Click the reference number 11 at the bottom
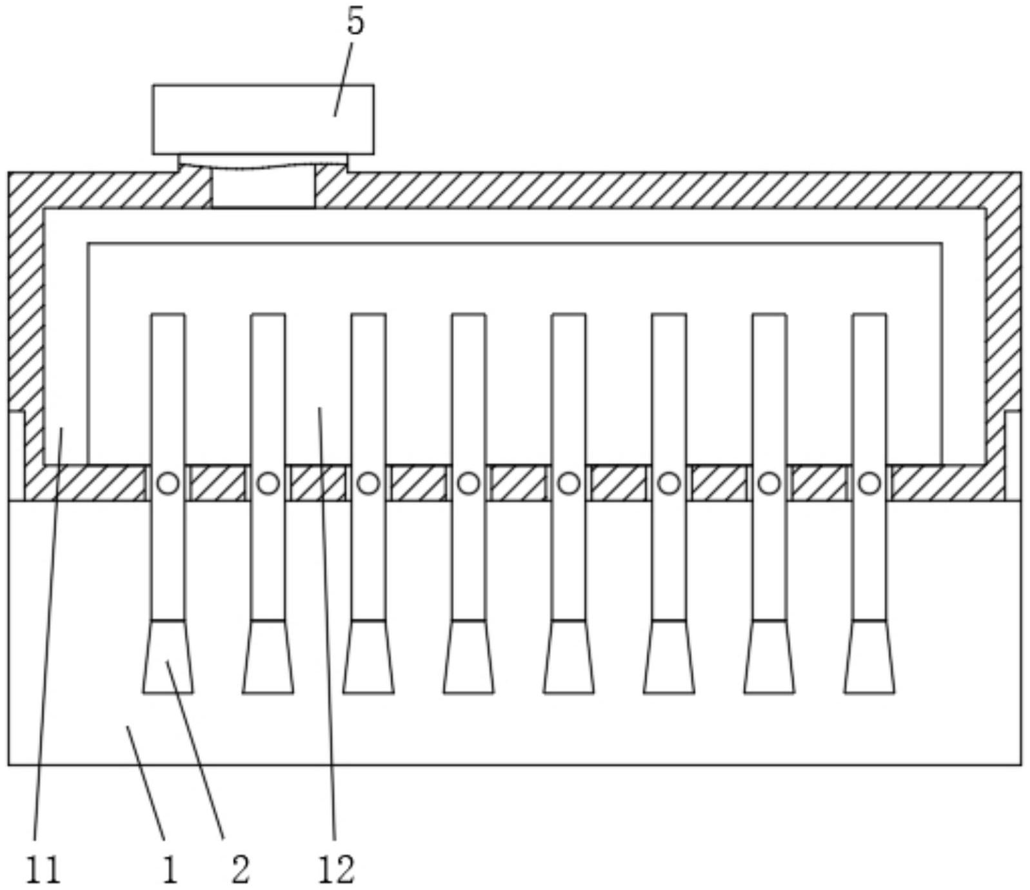click(x=43, y=869)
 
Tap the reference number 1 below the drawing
click(x=170, y=869)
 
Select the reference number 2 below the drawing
click(x=240, y=869)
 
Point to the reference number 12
click(x=336, y=869)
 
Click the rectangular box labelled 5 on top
click(x=263, y=120)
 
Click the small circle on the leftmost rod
click(x=168, y=483)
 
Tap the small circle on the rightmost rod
click(x=869, y=483)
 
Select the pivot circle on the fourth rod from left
click(x=469, y=483)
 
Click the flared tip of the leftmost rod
click(x=168, y=657)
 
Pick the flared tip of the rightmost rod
click(x=869, y=657)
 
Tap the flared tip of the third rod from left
click(x=368, y=657)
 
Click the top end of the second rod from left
click(x=268, y=315)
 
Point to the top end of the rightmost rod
click(x=869, y=315)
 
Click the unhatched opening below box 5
click(x=264, y=187)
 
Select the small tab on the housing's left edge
click(x=17, y=455)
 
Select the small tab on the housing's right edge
click(x=1013, y=455)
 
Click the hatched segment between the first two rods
click(x=218, y=483)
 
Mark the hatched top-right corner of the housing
click(x=1003, y=191)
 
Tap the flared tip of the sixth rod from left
click(x=669, y=657)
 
